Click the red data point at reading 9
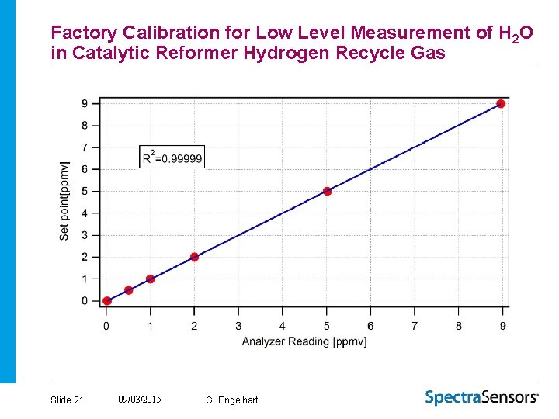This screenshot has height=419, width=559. click(x=501, y=103)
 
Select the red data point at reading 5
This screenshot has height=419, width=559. click(x=327, y=191)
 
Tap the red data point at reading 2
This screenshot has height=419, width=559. click(x=194, y=257)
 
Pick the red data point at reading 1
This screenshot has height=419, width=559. click(x=150, y=279)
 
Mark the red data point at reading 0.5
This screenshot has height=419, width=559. click(x=129, y=290)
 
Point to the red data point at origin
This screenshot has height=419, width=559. click(x=107, y=301)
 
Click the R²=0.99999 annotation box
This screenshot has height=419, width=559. click(x=172, y=157)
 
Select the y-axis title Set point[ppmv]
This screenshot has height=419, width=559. click(x=64, y=200)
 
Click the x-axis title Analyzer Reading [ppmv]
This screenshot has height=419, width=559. click(x=304, y=341)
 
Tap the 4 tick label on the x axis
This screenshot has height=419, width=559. click(x=282, y=326)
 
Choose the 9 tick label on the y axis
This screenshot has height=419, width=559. click(x=85, y=103)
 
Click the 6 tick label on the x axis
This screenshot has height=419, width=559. click(x=370, y=326)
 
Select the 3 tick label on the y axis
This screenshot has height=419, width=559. click(x=85, y=235)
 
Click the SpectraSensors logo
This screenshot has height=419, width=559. click(x=481, y=397)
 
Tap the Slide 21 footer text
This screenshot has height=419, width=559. click(x=67, y=400)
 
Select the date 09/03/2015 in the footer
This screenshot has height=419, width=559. click(x=140, y=399)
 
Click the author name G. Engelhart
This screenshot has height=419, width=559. click(x=232, y=400)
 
